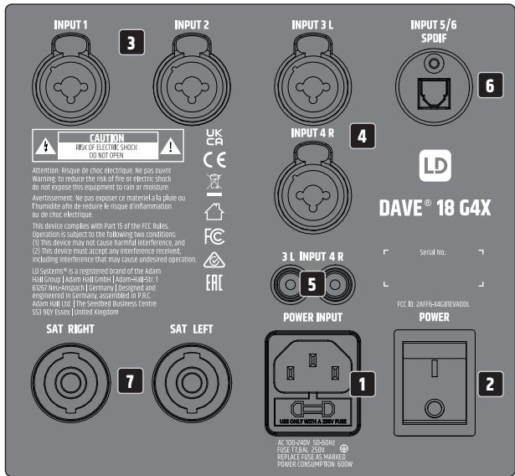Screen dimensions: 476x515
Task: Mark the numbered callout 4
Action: [360, 136]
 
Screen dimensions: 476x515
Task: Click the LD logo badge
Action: [427, 166]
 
